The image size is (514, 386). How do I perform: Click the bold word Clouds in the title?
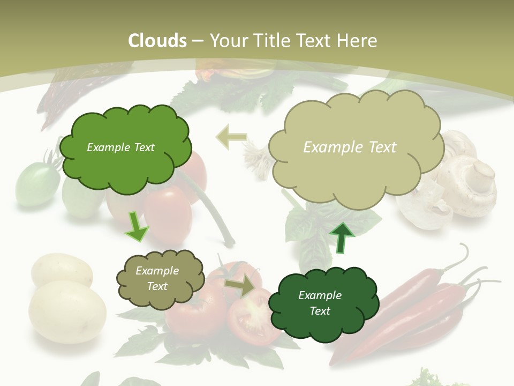pyautogui.click(x=157, y=41)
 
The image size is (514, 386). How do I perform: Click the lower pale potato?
pyautogui.click(x=67, y=311)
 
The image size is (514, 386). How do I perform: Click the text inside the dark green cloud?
pyautogui.click(x=320, y=303)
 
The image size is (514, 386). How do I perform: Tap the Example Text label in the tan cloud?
pyautogui.click(x=350, y=147)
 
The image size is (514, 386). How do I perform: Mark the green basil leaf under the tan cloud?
pyautogui.click(x=311, y=225)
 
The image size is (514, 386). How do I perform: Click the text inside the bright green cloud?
pyautogui.click(x=120, y=147)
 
